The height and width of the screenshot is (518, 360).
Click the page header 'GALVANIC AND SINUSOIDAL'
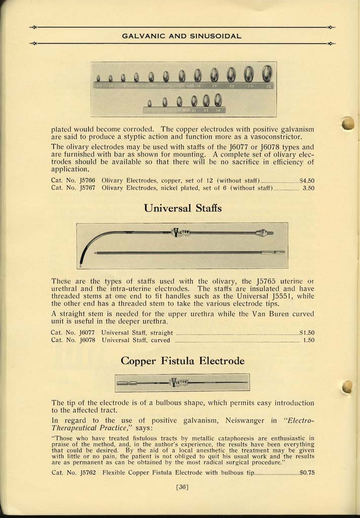click(x=182, y=36)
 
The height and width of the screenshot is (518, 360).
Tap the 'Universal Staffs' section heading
click(x=183, y=208)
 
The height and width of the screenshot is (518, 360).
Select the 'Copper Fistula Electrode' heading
click(x=183, y=361)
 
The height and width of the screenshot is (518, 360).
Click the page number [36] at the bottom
click(x=182, y=487)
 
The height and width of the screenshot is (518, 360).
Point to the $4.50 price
click(x=307, y=180)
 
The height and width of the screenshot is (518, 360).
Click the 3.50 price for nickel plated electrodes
click(x=308, y=188)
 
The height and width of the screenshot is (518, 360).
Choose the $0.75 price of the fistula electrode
click(x=307, y=472)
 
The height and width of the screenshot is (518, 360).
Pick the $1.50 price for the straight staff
click(x=307, y=333)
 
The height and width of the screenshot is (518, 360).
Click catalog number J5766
click(x=85, y=180)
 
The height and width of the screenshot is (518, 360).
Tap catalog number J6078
click(x=85, y=340)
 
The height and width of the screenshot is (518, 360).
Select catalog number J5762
click(x=85, y=472)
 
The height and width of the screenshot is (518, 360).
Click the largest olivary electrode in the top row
click(x=267, y=74)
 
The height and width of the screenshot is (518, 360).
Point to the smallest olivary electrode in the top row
click(x=98, y=78)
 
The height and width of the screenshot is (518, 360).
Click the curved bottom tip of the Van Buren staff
click(x=81, y=263)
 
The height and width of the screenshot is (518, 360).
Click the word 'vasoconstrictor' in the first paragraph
click(x=277, y=137)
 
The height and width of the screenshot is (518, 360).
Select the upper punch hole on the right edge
click(x=347, y=123)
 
